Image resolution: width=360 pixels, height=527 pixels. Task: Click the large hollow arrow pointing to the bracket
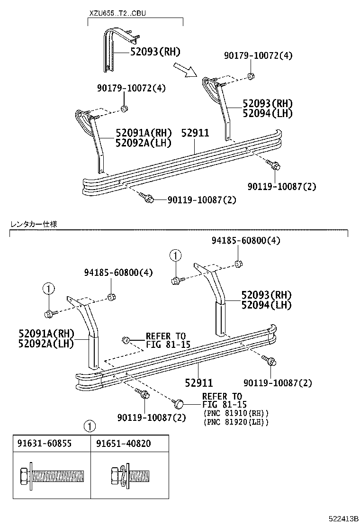coord(185,69)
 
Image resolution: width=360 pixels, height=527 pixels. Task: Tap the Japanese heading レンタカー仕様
coord(34,224)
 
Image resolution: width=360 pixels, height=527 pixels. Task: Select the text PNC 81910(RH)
coord(235,413)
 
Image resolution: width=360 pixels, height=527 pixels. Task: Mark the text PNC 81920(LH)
coord(235,421)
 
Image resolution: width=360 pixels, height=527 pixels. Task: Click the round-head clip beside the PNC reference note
coord(179,404)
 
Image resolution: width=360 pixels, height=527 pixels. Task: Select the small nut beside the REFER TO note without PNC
coord(126,339)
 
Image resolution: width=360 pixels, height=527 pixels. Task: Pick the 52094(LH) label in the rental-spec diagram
coord(266,305)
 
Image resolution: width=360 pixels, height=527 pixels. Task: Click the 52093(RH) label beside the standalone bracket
coord(156,52)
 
